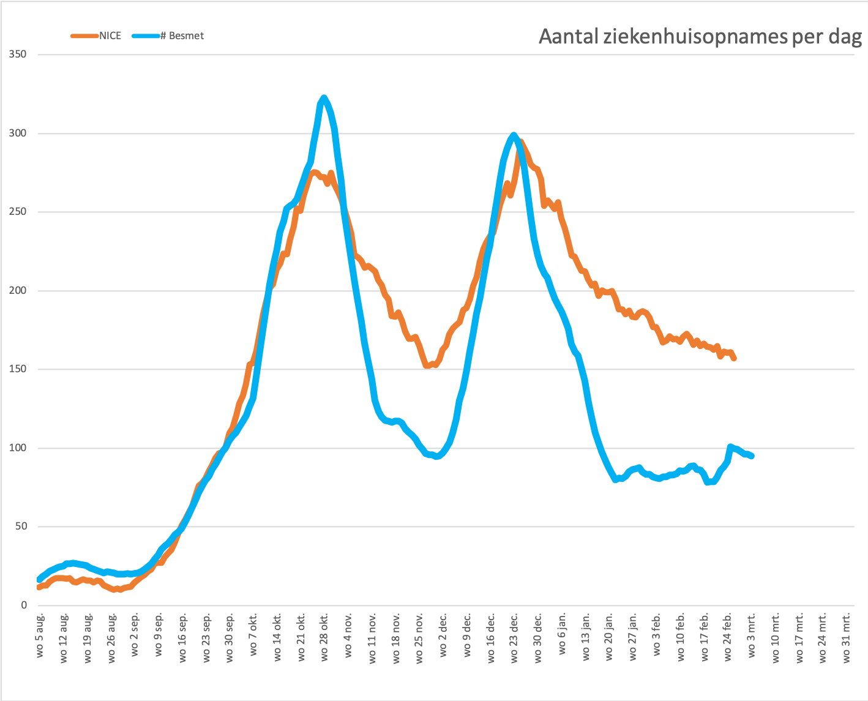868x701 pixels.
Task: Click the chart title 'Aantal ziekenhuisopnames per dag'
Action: (x=700, y=37)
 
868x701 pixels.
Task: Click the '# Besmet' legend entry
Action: (x=182, y=36)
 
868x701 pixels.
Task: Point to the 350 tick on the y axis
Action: (x=18, y=54)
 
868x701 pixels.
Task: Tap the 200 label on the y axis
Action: (x=18, y=290)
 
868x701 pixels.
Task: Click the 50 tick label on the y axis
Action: (x=21, y=527)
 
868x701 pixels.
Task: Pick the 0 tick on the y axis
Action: (x=24, y=605)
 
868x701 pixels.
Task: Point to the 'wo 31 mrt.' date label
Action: (x=847, y=637)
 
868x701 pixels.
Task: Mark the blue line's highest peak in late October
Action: (x=324, y=97)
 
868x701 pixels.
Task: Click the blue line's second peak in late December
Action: (x=514, y=135)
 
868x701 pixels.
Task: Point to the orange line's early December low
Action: (x=427, y=365)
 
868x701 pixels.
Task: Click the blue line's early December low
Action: (x=436, y=457)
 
